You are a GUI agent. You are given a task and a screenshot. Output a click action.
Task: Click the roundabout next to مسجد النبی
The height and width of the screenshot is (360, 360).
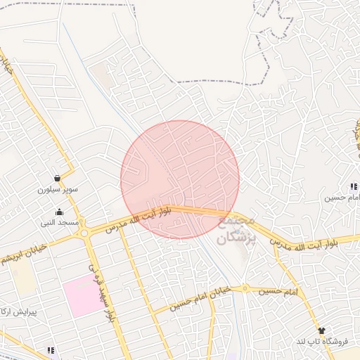pyautogui.click(x=84, y=233)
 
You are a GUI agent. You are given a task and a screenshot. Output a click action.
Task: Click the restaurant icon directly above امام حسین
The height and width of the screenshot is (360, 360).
pyautogui.click(x=353, y=186)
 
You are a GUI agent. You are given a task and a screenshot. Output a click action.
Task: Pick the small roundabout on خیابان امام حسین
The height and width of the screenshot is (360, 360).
pyautogui.click(x=245, y=288)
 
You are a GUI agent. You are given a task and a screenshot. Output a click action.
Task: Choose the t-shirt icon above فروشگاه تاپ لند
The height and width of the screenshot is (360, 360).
pyautogui.click(x=322, y=330)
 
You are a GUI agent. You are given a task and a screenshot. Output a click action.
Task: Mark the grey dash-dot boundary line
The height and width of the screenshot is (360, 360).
pyautogui.click(x=211, y=82)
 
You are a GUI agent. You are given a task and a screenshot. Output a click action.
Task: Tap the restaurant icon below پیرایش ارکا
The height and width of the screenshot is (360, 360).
pyautogui.click(x=50, y=349)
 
